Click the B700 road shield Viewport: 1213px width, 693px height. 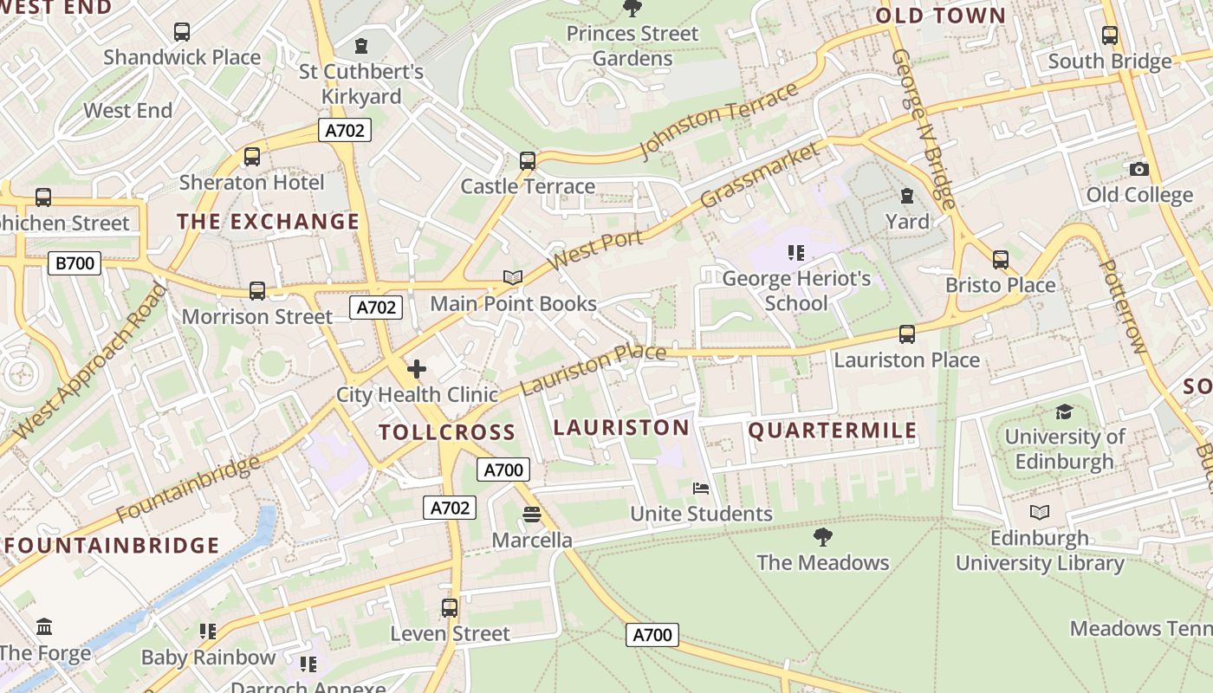coord(75,263)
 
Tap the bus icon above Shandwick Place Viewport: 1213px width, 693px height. coord(182,32)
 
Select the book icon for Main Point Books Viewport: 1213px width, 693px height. coord(513,278)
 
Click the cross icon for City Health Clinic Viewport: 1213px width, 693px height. coord(417,369)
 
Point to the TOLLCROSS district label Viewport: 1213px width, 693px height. coord(447,432)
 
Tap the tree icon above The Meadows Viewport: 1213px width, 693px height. coord(823,537)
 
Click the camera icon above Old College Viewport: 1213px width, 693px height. coord(1139,169)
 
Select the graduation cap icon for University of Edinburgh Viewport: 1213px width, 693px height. coord(1064,411)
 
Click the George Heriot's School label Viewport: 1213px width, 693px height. coord(796,291)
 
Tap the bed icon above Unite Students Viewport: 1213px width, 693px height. coord(701,489)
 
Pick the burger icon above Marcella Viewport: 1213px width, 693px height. coord(532,515)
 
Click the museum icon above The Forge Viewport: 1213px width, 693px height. coord(44,626)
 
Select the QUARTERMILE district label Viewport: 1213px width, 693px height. coord(833,431)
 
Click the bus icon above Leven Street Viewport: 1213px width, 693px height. coord(449,608)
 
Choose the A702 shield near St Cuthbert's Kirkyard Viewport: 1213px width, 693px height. coord(345,131)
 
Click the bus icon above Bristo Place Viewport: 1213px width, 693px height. coord(1001,259)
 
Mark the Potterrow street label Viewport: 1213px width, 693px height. coord(1124,306)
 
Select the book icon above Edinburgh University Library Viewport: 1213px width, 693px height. coord(1040,513)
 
